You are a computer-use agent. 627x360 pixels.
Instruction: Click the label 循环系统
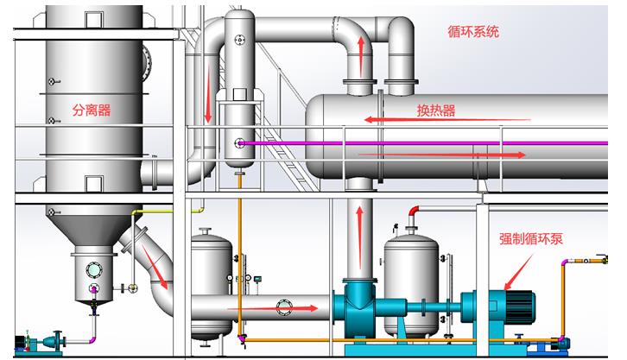472,32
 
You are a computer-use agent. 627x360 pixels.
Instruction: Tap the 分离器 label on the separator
92,110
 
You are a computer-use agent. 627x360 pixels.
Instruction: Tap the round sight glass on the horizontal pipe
285,306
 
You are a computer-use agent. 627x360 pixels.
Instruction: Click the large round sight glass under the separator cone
92,269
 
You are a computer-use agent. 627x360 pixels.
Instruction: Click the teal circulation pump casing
357,306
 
